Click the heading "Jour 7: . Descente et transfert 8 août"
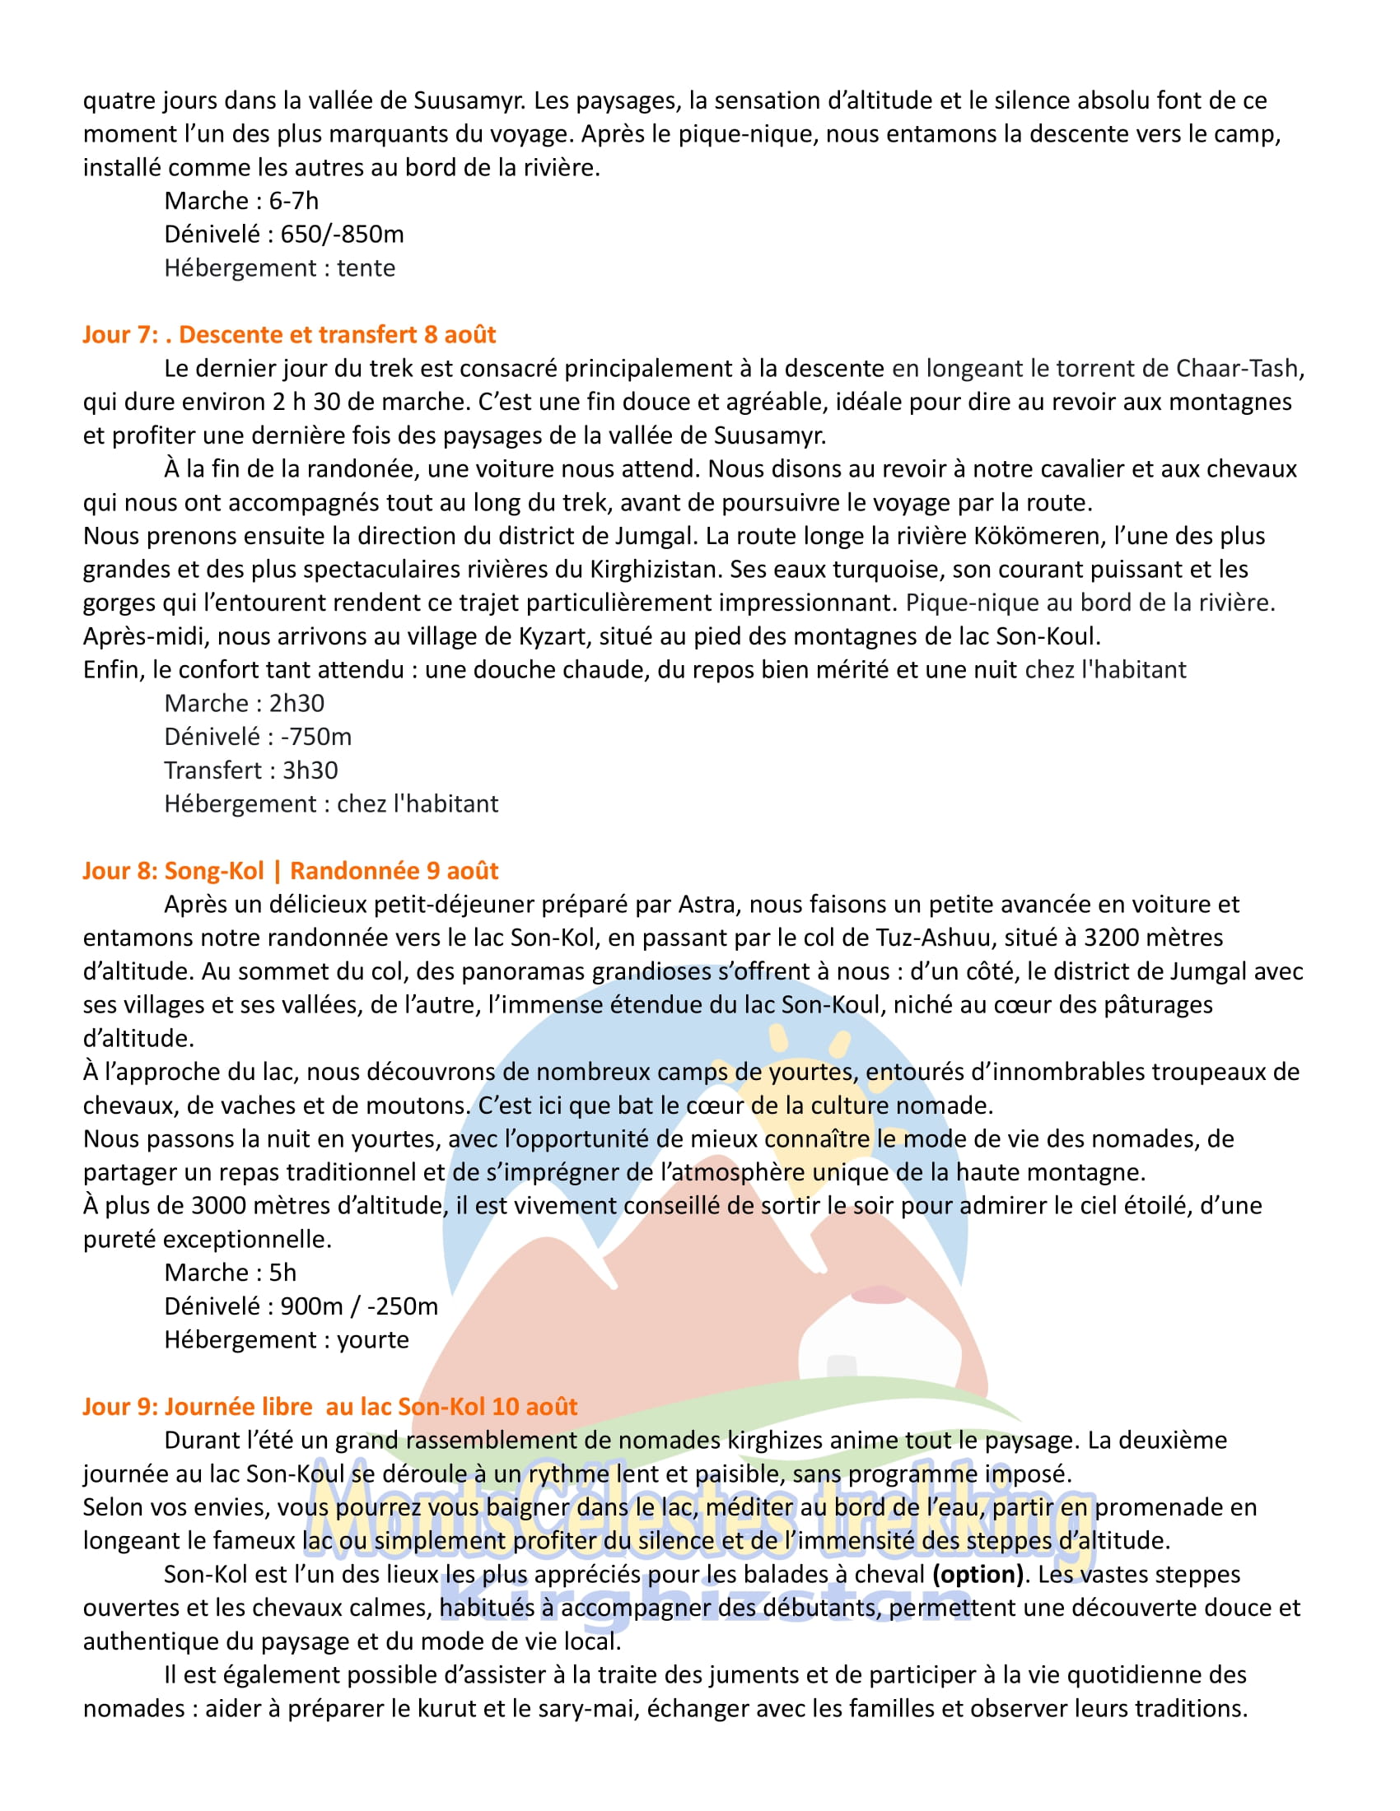[x=288, y=334]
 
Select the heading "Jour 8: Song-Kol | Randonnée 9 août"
[x=290, y=871]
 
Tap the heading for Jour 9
[x=329, y=1406]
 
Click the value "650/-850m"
[x=342, y=235]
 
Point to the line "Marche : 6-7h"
[x=240, y=201]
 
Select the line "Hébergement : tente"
[x=279, y=268]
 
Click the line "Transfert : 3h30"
[x=250, y=770]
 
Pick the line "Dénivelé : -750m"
[x=258, y=737]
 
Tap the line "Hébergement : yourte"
[x=286, y=1340]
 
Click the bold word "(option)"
[x=978, y=1575]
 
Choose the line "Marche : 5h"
[x=230, y=1273]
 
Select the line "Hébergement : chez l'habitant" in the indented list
[x=331, y=803]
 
